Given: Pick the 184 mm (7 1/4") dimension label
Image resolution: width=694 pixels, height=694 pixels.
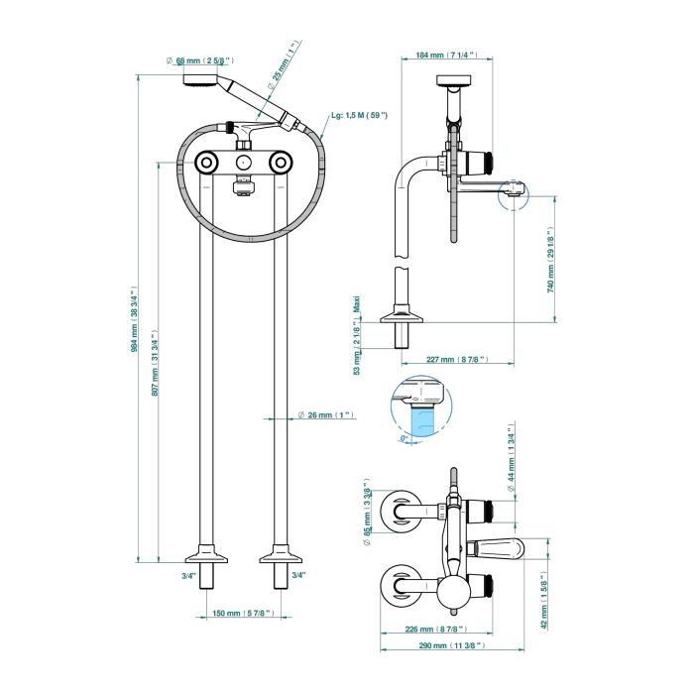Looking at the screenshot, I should click(x=437, y=56).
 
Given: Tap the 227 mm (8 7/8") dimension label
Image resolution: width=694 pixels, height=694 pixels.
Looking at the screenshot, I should click(x=454, y=360).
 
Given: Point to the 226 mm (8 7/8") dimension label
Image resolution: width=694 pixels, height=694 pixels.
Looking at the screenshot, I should click(x=433, y=629).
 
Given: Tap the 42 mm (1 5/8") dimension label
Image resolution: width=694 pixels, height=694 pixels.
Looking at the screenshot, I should click(x=544, y=600).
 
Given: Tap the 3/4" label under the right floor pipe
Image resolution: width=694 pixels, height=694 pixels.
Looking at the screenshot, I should click(x=298, y=575).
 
